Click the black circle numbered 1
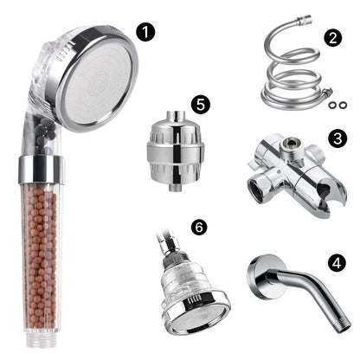pos(145,32)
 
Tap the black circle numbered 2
pos(332,38)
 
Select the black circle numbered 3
pos(337,138)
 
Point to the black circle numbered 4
pos(337,263)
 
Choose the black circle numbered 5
pos(201,105)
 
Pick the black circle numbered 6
pos(199,228)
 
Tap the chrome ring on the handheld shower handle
pos(42,170)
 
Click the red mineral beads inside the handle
pos(41,257)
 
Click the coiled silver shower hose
pos(292,75)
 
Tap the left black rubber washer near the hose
pos(332,106)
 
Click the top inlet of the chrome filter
pos(176,115)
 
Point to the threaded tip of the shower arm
pos(344,325)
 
